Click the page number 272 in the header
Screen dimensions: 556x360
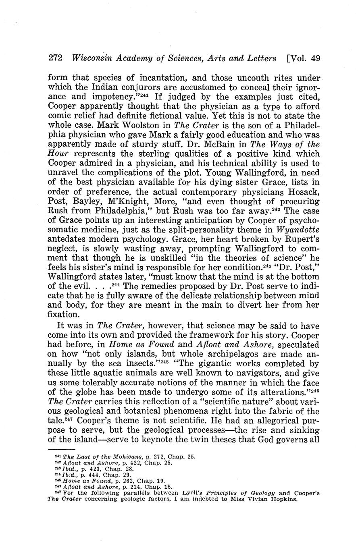(54, 58)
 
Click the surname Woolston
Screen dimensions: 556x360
(137, 125)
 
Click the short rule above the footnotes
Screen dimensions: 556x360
(61, 449)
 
